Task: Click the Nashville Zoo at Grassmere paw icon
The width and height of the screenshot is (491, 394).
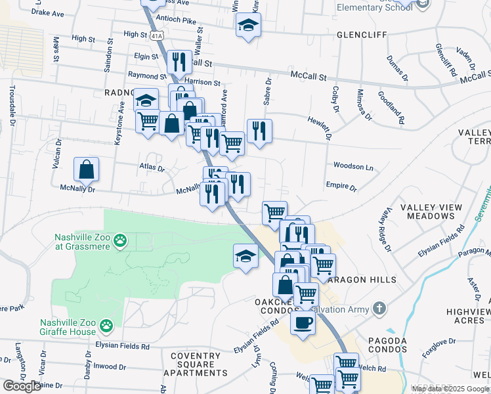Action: (120, 242)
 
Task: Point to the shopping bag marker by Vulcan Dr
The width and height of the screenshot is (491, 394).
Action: (87, 170)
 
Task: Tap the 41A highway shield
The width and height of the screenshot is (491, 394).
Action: (155, 35)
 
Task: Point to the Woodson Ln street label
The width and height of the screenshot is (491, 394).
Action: (353, 167)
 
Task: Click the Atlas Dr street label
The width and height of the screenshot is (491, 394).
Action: (152, 168)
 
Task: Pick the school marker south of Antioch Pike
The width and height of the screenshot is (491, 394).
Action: (247, 26)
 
